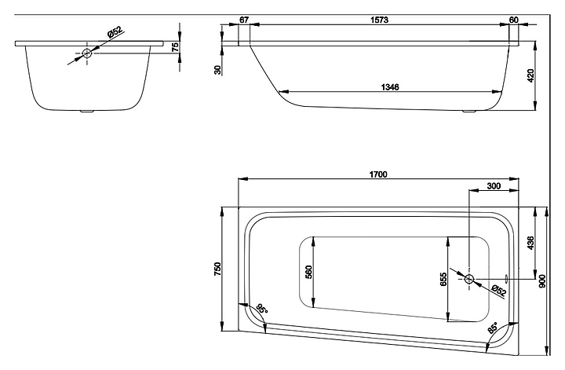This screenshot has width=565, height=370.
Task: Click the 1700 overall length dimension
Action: click(x=378, y=174)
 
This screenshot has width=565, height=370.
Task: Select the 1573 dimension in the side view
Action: click(x=380, y=20)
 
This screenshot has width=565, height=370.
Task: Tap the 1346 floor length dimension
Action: click(x=390, y=87)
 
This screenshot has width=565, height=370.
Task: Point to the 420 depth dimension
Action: click(x=530, y=75)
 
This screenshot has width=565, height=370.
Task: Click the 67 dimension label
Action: click(x=244, y=20)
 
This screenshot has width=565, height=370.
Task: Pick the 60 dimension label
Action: click(x=514, y=20)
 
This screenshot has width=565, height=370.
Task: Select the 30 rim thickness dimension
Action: click(x=217, y=70)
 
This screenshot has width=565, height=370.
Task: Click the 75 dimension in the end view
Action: click(x=175, y=47)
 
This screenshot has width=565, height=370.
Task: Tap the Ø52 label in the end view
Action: click(x=115, y=32)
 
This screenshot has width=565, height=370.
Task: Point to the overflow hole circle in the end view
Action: click(x=87, y=53)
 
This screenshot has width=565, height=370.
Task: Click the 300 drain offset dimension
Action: click(x=494, y=185)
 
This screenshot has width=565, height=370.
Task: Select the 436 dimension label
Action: click(x=530, y=243)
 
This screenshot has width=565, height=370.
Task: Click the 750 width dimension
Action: click(x=217, y=269)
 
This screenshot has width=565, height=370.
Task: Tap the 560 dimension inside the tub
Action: click(x=308, y=273)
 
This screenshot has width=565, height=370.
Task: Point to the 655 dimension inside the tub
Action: click(x=443, y=280)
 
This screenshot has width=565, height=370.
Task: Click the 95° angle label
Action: click(x=262, y=309)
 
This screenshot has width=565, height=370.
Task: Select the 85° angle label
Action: click(x=493, y=328)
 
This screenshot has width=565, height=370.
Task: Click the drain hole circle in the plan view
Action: click(x=469, y=279)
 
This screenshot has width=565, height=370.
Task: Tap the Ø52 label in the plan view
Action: click(x=498, y=291)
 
